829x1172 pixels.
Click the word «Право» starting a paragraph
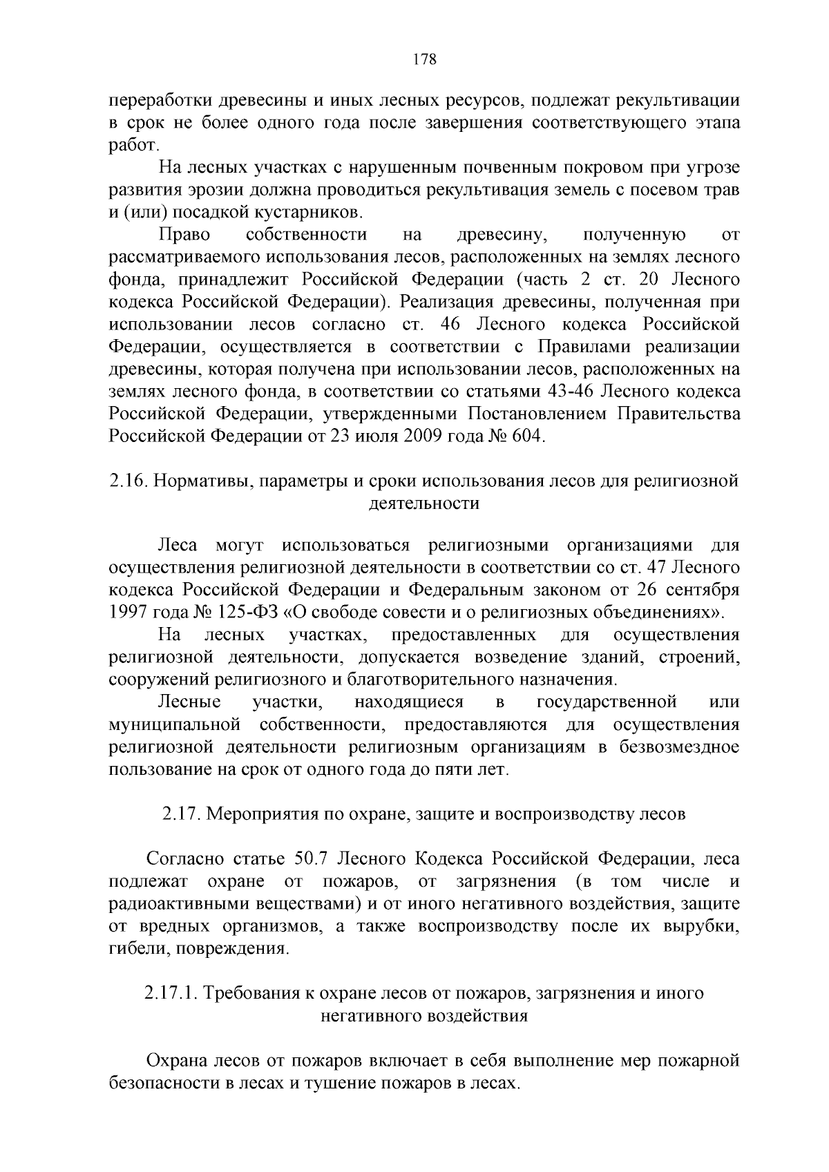tap(184, 235)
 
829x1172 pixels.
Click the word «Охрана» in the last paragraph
tap(178, 1060)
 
